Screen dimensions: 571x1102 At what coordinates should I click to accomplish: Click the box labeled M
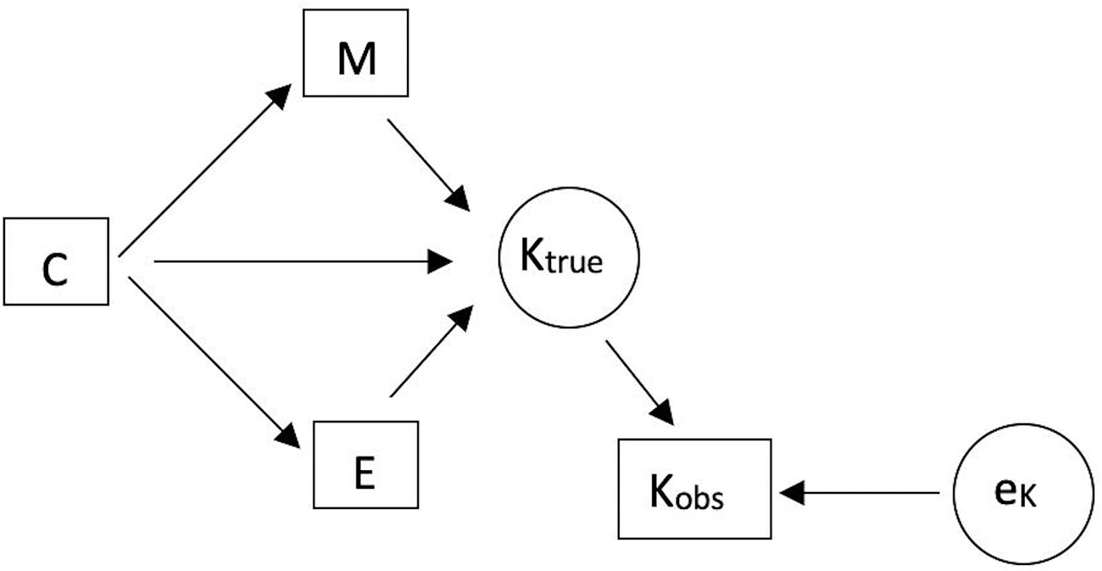pyautogui.click(x=356, y=53)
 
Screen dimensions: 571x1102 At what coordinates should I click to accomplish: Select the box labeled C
pyautogui.click(x=55, y=261)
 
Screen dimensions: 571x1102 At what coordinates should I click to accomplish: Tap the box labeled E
pyautogui.click(x=366, y=463)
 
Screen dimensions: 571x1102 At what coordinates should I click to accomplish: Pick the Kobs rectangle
pyautogui.click(x=694, y=489)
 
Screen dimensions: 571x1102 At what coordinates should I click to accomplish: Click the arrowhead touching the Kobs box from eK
pyautogui.click(x=793, y=491)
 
